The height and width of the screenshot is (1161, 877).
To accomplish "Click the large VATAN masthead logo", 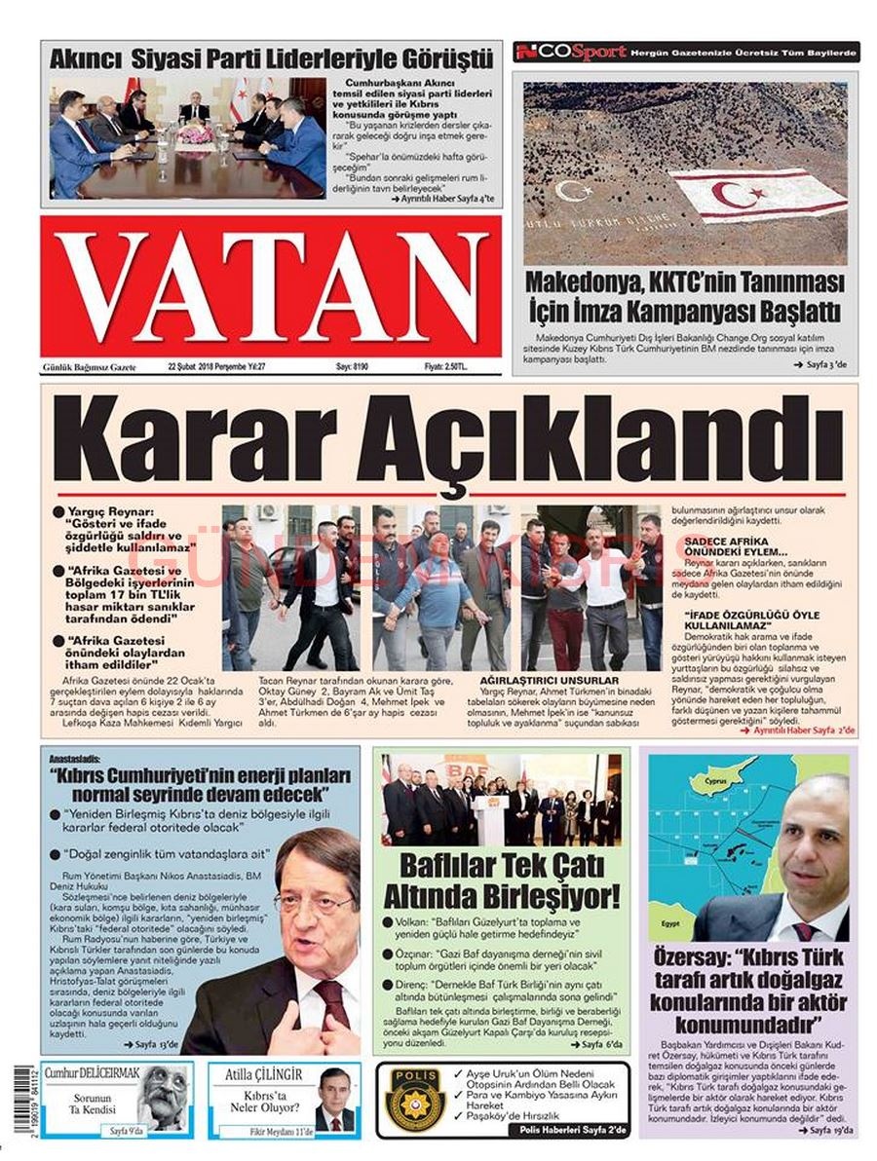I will pyautogui.click(x=271, y=288).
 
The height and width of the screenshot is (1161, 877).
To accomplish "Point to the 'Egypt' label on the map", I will pyautogui.click(x=669, y=921).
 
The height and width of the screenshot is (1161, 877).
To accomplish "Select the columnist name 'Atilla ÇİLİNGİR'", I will pyautogui.click(x=263, y=1075).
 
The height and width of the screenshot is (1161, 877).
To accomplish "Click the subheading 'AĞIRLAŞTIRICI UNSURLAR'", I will pyautogui.click(x=535, y=680).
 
